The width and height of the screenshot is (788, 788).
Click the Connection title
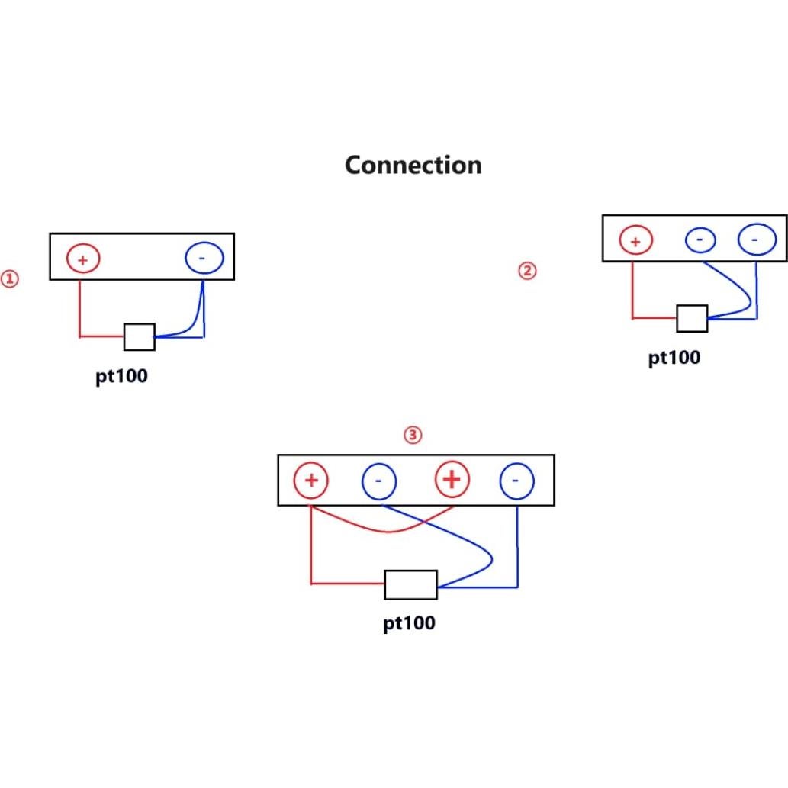click(413, 165)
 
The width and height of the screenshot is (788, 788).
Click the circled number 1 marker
click(9, 279)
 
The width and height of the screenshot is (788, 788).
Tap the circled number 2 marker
click(527, 271)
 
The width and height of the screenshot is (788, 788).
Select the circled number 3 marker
click(412, 436)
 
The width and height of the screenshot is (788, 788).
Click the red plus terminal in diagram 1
click(83, 259)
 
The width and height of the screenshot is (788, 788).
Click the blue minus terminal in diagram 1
click(204, 259)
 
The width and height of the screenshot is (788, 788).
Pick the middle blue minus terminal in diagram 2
click(700, 240)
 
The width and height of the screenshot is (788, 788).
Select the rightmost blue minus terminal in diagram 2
click(755, 240)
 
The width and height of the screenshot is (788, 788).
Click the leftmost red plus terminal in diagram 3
click(311, 481)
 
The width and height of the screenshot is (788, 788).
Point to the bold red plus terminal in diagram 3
click(452, 480)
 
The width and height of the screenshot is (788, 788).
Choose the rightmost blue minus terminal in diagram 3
click(516, 481)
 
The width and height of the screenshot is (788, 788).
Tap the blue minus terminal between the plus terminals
click(378, 481)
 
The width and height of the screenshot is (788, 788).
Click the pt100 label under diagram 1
click(121, 377)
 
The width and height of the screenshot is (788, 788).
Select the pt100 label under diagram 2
click(674, 357)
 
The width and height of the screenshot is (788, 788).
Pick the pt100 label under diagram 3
click(409, 622)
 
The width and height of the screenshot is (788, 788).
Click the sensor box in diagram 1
click(140, 336)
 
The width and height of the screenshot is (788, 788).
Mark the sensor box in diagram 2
click(692, 318)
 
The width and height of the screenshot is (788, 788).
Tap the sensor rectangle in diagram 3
click(410, 584)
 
